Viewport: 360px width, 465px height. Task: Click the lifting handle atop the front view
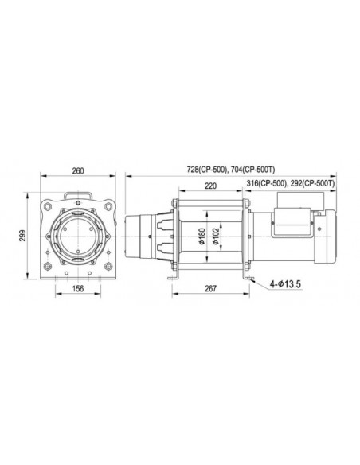(x=78, y=193)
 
